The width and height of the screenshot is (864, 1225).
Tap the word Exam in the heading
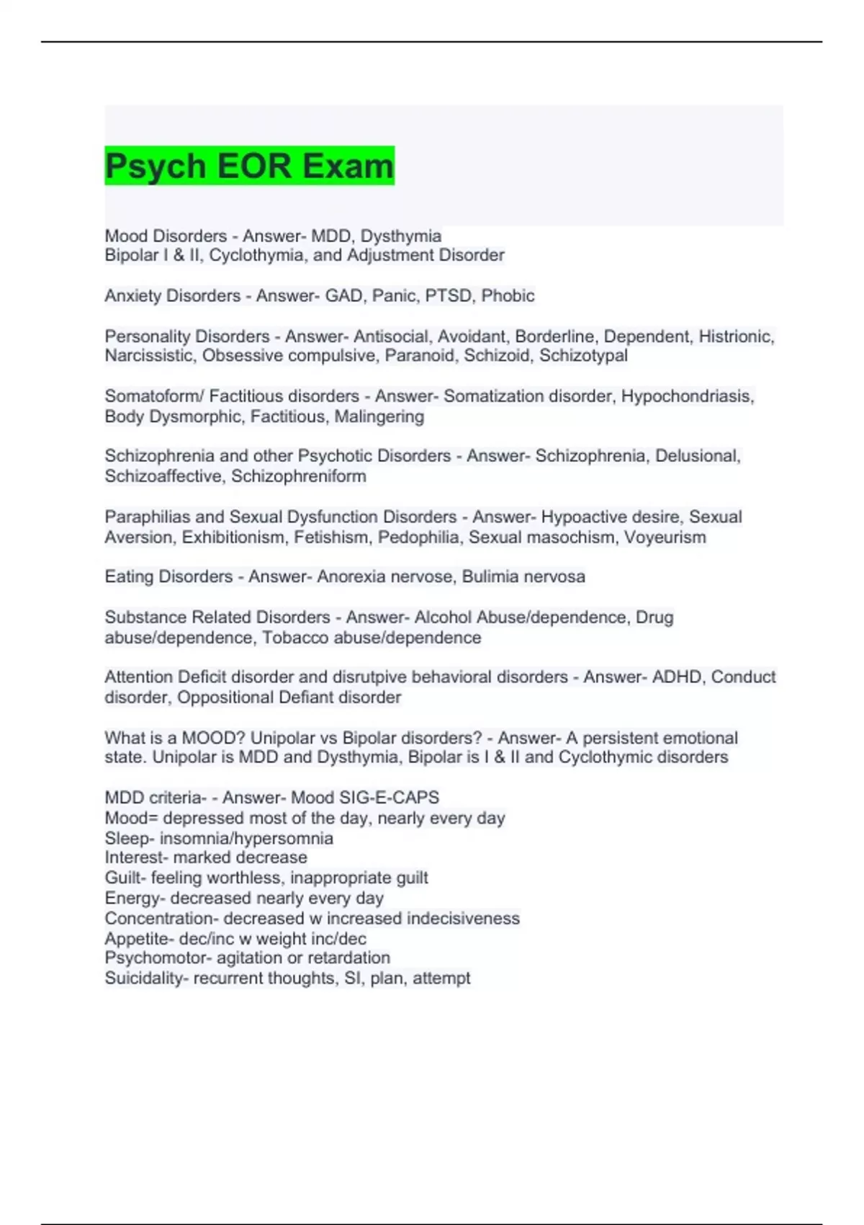(x=348, y=166)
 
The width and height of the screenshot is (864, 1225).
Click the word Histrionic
(x=736, y=337)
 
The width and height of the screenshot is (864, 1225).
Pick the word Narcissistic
(x=150, y=355)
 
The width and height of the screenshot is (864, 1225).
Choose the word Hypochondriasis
(x=687, y=396)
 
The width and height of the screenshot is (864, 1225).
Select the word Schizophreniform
(x=298, y=476)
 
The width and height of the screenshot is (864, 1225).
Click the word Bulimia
(x=490, y=576)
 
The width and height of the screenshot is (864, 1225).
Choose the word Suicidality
(x=143, y=978)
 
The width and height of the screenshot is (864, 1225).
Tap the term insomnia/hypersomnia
(x=246, y=838)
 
